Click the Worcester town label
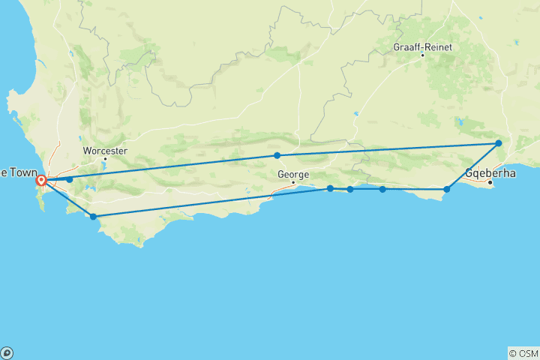(104, 150)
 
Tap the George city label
(292, 174)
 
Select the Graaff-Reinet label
(421, 46)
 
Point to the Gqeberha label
(490, 172)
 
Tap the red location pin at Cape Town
(42, 180)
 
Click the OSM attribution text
(523, 353)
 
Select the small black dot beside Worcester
(105, 158)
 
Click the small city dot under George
(294, 182)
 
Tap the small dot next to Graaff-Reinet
(422, 55)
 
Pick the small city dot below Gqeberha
(490, 181)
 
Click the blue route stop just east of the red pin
(69, 179)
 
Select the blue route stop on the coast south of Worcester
(93, 217)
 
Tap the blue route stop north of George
(277, 155)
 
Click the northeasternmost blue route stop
(498, 142)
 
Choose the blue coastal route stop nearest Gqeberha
(447, 189)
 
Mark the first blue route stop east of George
(330, 188)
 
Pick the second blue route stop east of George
(350, 189)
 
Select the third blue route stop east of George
(382, 189)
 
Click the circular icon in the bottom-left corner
(7, 352)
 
